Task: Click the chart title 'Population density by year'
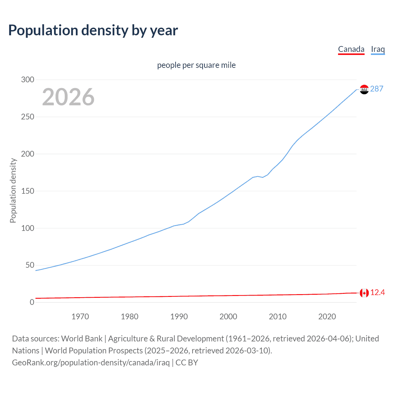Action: coord(93,30)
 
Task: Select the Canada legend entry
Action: coord(351,49)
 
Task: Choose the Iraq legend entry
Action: coord(378,49)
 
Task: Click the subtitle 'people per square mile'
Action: coord(196,65)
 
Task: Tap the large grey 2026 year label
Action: coord(68,97)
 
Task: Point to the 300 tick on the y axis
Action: coord(28,80)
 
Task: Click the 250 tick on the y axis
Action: coord(28,117)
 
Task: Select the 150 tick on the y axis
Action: coord(28,191)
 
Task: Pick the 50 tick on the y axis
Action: coord(30,265)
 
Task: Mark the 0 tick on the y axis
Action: coord(32,302)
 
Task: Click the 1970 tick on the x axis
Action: coord(80,317)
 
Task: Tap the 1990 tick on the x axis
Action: coord(179,317)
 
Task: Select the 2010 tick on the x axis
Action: coord(278,317)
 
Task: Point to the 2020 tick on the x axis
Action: coord(327,317)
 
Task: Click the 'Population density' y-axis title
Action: coord(13,190)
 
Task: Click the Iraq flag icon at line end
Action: coord(364,89)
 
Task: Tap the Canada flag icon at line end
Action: coord(364,293)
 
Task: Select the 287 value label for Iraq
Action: coord(376,89)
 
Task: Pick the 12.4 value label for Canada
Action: coord(377,293)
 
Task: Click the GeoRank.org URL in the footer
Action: coord(91,363)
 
